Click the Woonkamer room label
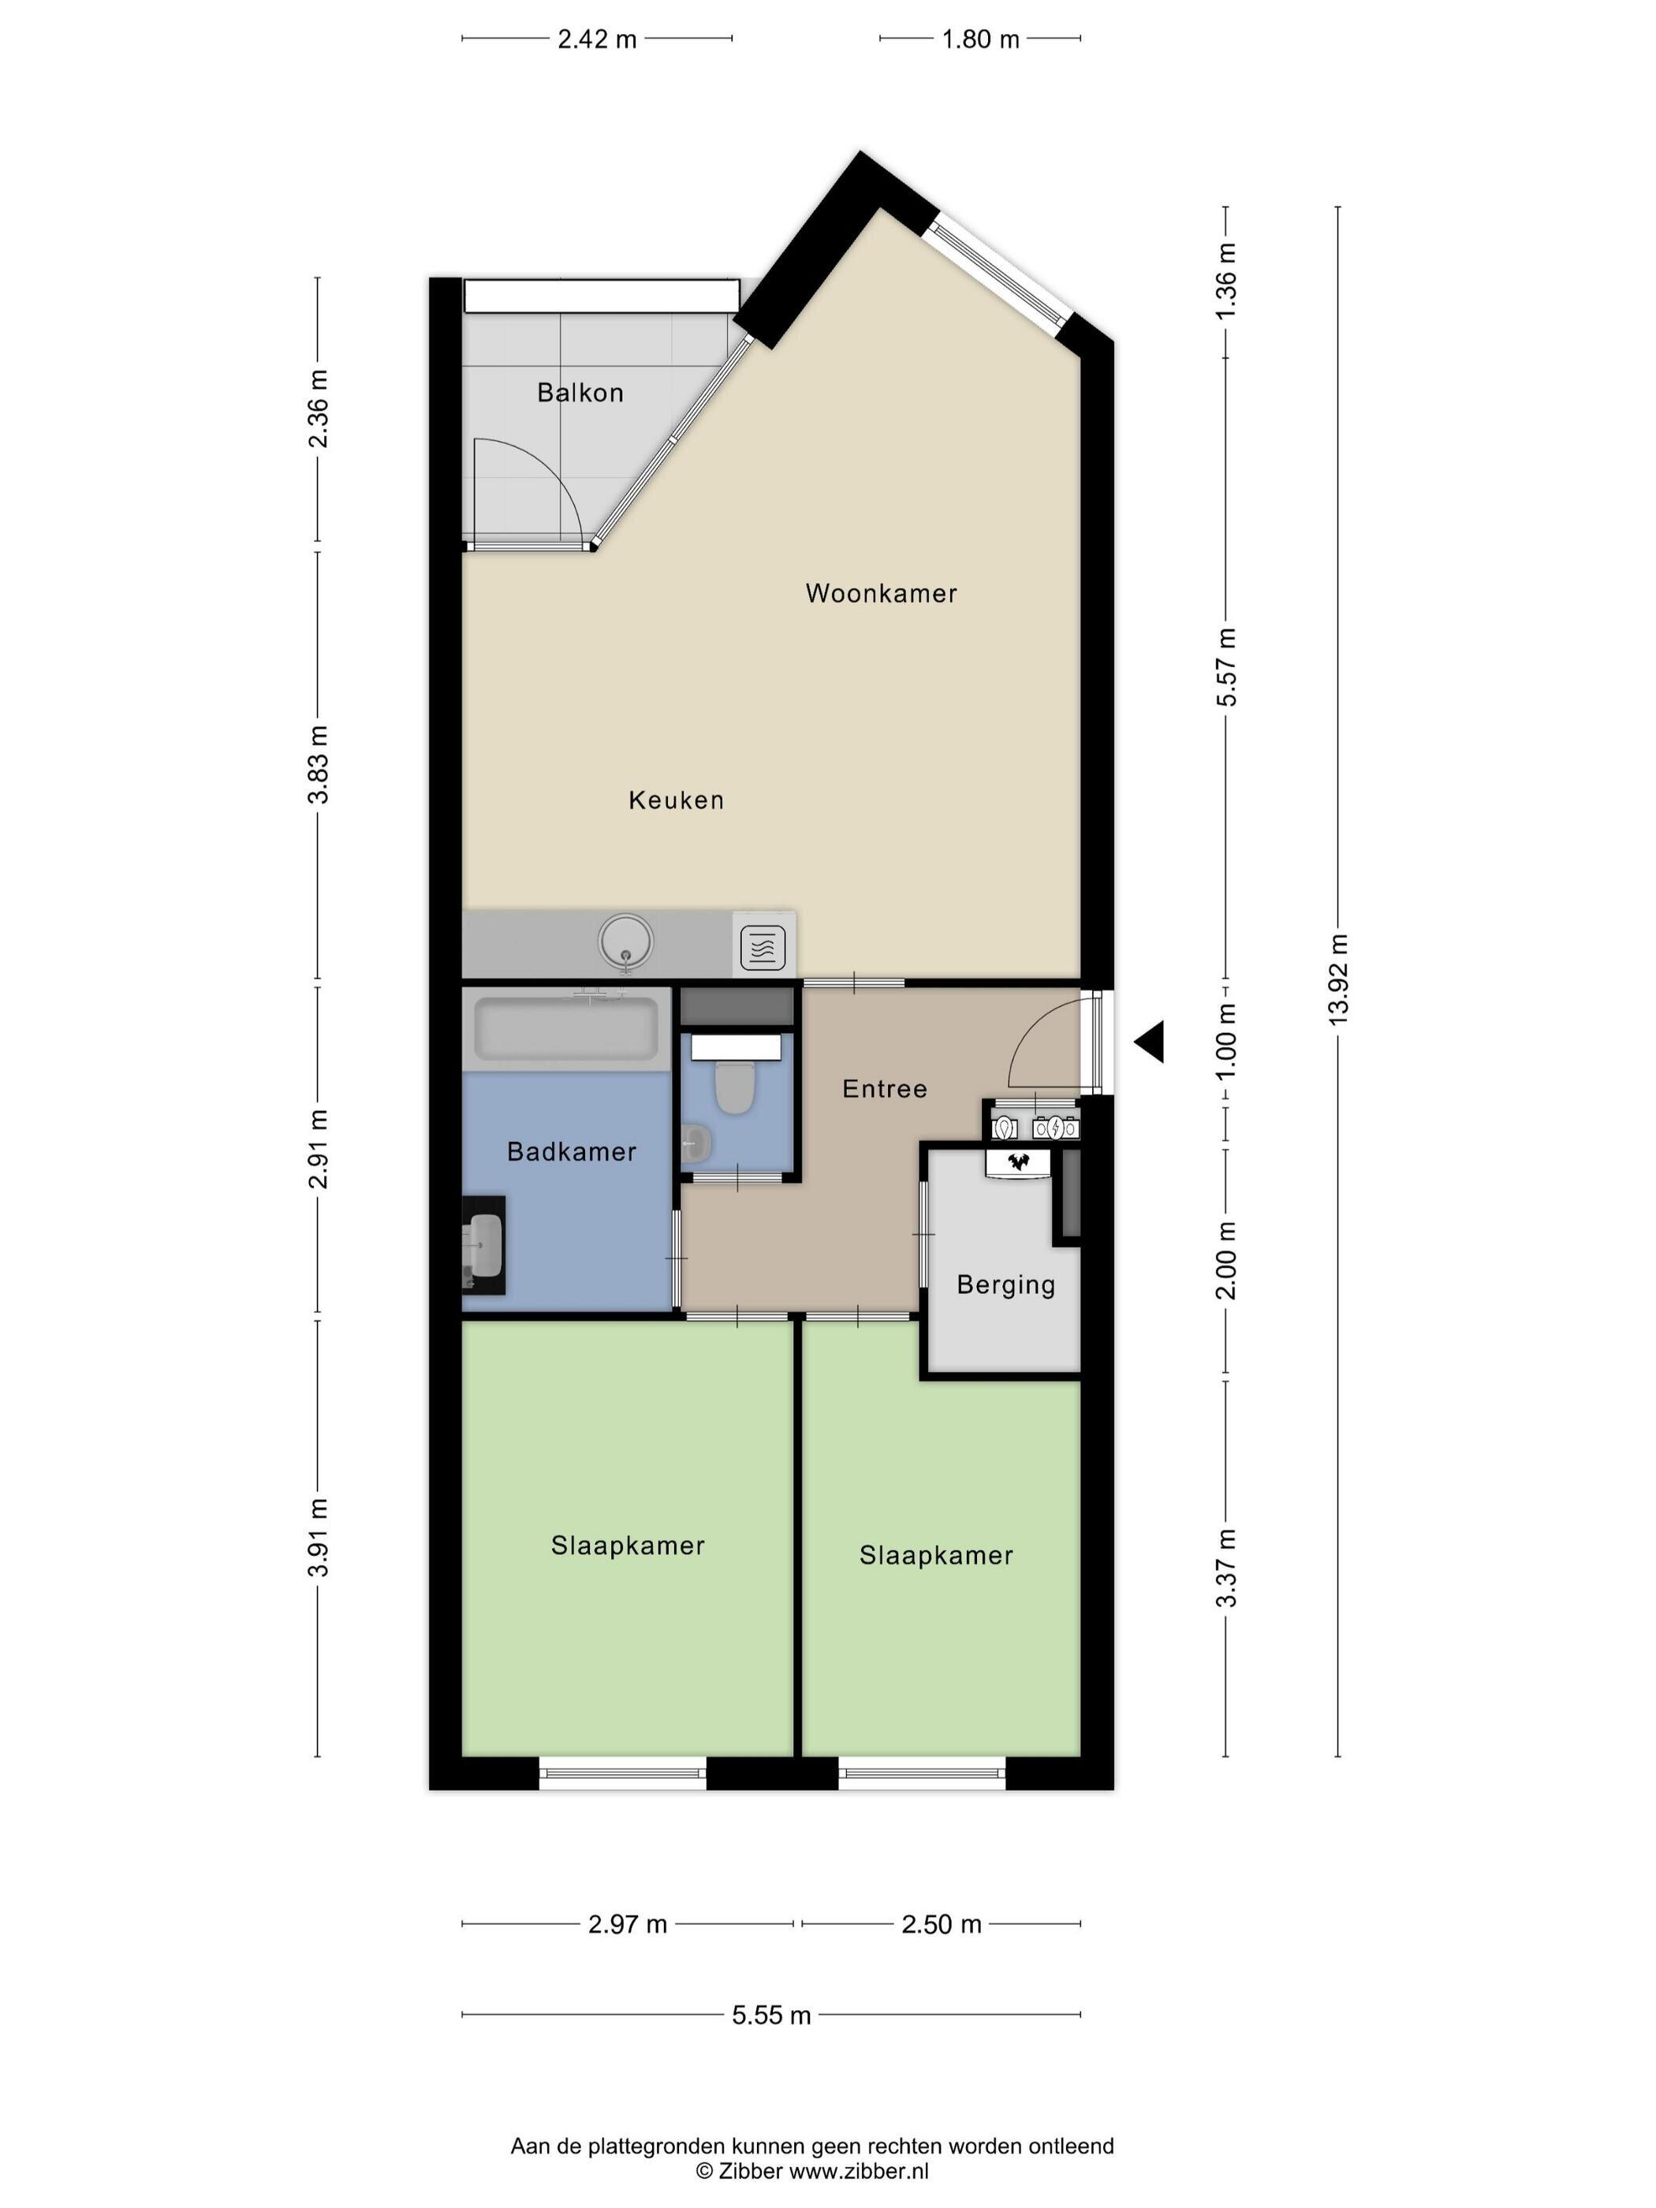880,593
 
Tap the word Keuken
676,800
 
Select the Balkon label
580,392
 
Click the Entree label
885,1088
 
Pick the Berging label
1005,1285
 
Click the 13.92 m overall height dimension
1337,979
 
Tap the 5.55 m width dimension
771,2014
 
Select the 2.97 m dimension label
627,1923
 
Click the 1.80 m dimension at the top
980,39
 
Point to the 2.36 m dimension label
318,409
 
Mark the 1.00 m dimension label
1225,1040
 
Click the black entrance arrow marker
1150,1042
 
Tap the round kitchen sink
626,942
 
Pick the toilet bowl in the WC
736,1086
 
